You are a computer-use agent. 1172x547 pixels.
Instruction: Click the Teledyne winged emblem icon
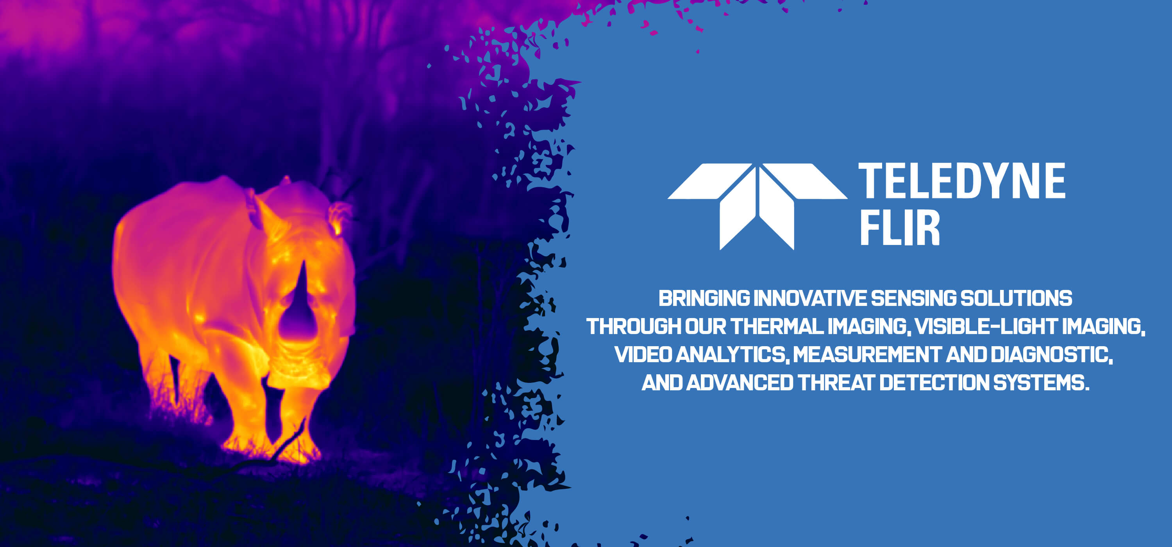click(x=757, y=207)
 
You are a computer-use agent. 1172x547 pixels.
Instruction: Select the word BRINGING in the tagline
click(x=704, y=299)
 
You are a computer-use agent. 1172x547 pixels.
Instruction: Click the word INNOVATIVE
click(x=810, y=299)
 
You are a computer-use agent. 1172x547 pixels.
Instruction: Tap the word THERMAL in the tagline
click(x=777, y=326)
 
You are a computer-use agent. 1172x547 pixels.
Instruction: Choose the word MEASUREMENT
click(x=867, y=354)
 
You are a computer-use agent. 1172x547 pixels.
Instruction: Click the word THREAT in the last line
click(x=836, y=383)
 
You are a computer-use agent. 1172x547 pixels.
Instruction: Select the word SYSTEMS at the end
click(x=1042, y=383)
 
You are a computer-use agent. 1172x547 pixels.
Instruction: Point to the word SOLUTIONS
click(x=1016, y=299)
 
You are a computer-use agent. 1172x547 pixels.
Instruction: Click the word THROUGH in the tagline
click(x=633, y=326)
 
